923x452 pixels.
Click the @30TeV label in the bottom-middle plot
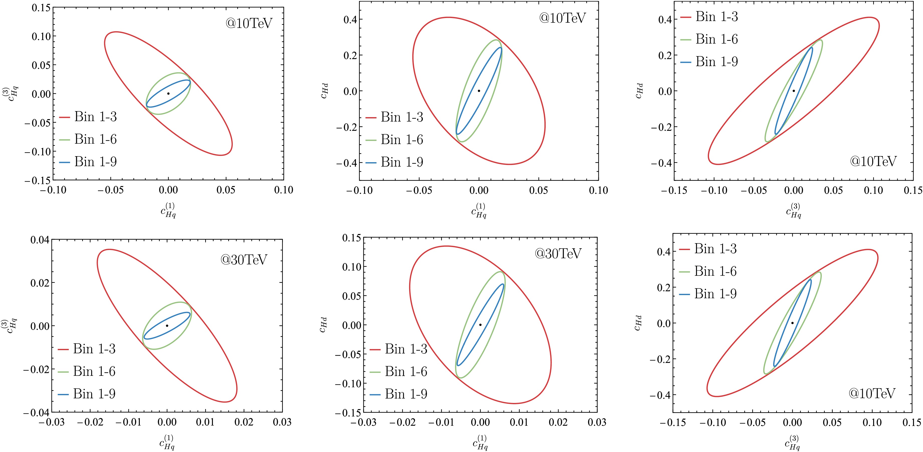pos(558,253)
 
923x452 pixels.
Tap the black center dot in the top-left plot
pos(168,93)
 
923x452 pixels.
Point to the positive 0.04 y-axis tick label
pos(40,240)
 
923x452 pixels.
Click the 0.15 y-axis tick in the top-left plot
pos(41,8)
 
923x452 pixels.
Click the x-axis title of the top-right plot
pos(793,211)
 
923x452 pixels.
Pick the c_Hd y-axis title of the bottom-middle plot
pos(323,325)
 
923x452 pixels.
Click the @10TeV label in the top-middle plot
pos(562,18)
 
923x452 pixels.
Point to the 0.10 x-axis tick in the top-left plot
pos(283,190)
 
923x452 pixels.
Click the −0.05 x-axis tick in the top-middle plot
pos(419,190)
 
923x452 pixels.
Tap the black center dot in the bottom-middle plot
pos(480,325)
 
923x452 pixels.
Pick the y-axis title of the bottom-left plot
pos(10,326)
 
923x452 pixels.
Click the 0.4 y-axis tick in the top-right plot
pos(665,19)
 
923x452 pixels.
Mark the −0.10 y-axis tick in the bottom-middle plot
pos(348,383)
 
